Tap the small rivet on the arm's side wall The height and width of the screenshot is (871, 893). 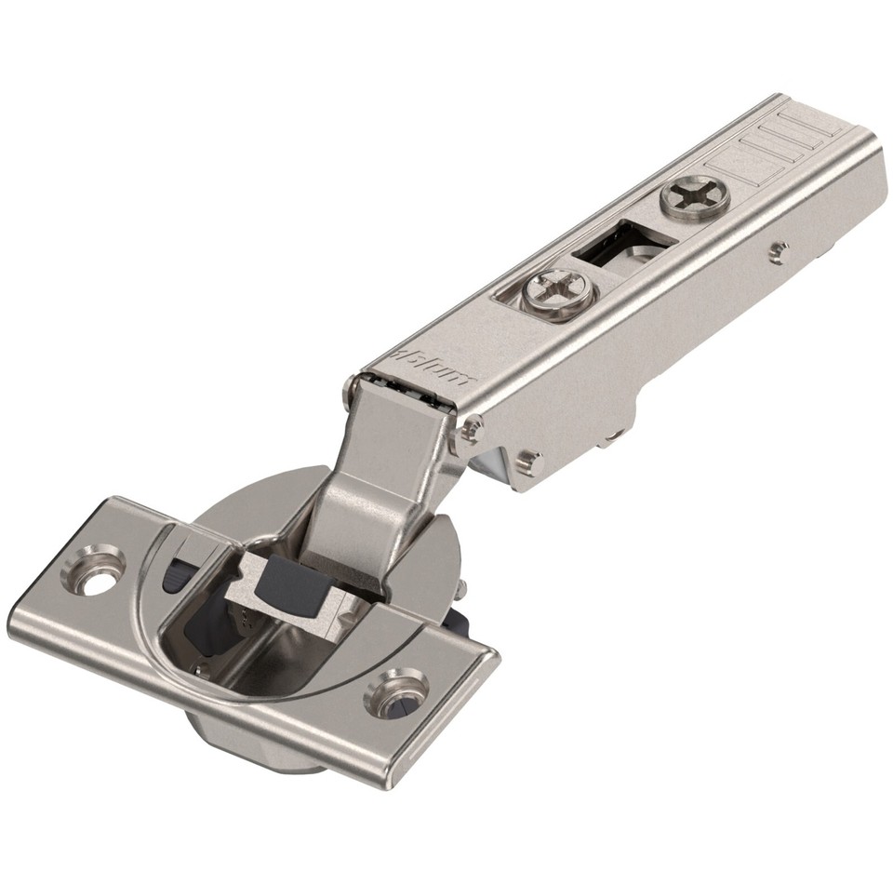click(x=779, y=251)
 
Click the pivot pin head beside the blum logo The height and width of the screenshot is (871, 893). click(x=473, y=429)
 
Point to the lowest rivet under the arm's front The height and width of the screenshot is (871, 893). click(x=528, y=460)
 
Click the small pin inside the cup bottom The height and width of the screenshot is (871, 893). click(x=198, y=666)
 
